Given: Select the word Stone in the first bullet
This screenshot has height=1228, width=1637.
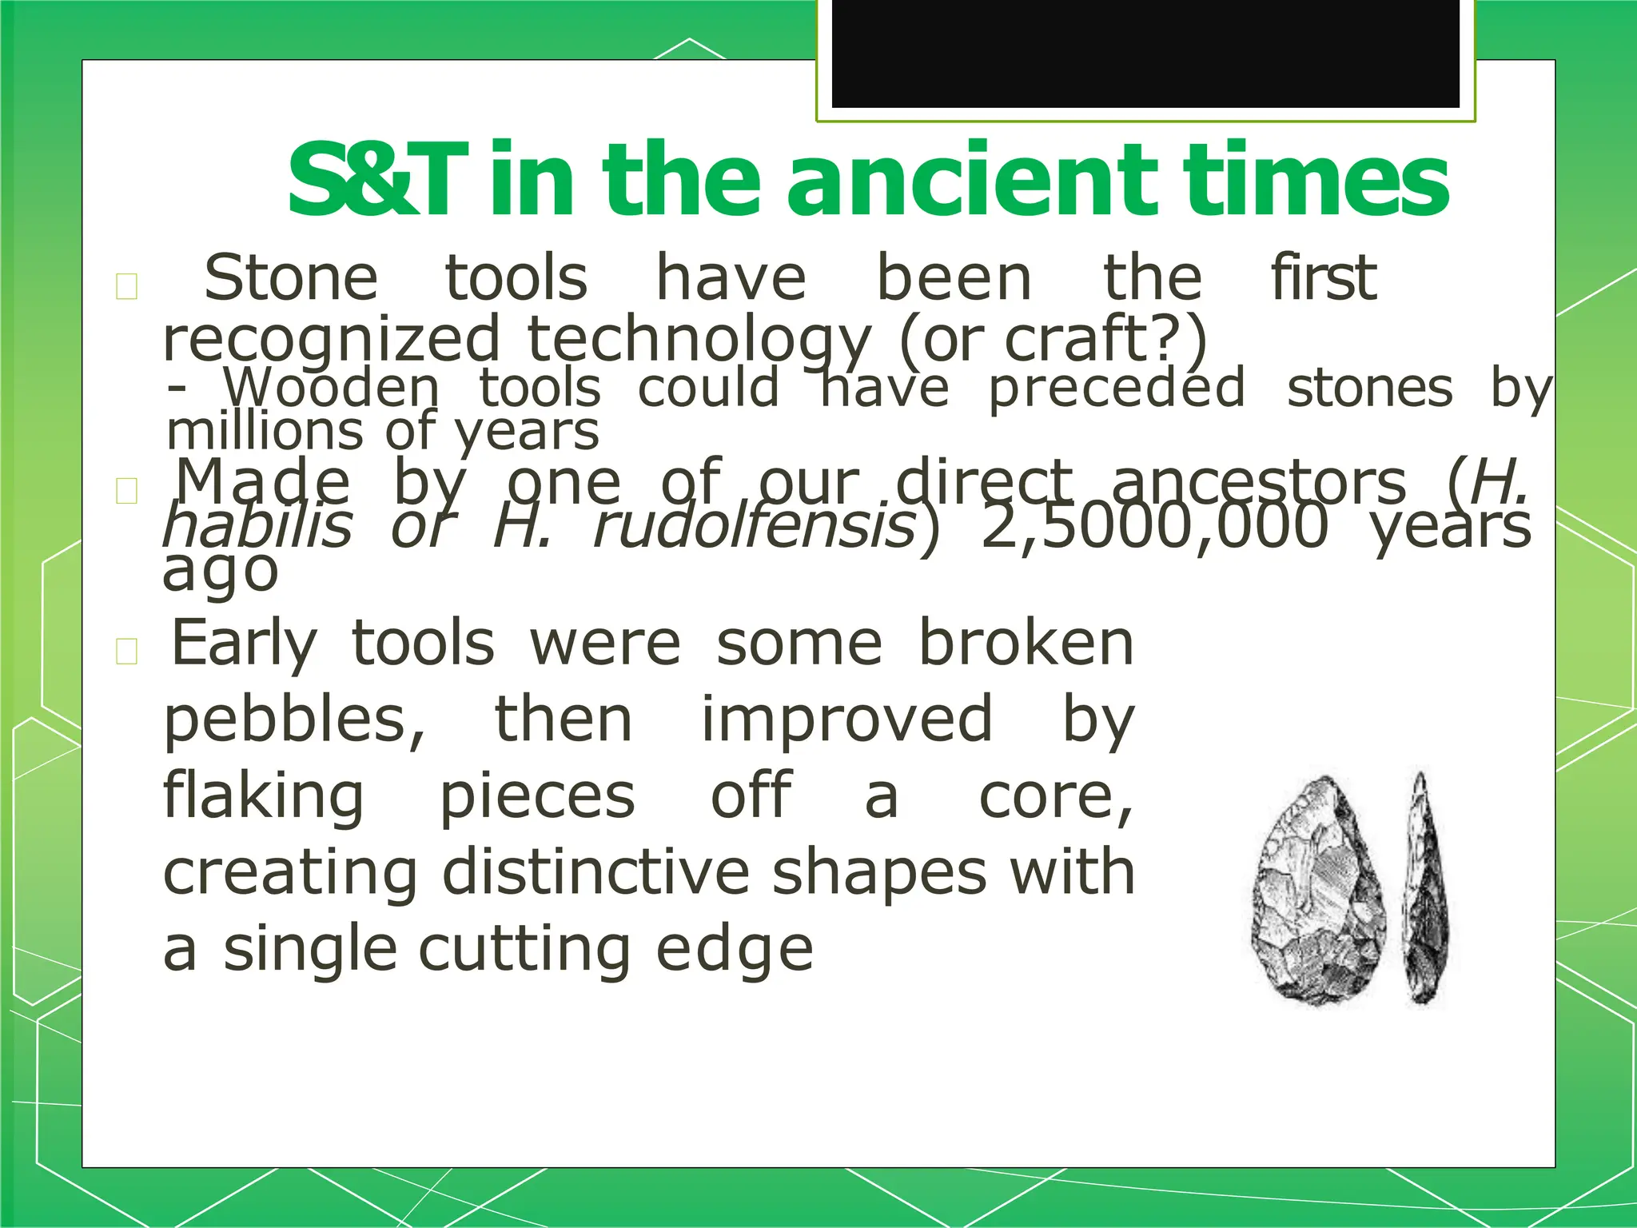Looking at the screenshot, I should (290, 278).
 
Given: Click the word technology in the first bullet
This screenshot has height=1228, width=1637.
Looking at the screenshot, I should (699, 339).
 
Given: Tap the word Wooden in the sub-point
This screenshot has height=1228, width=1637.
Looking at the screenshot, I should (332, 389).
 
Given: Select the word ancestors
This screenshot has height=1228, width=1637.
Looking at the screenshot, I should (1258, 483).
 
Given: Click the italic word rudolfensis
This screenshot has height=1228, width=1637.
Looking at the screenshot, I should (754, 528).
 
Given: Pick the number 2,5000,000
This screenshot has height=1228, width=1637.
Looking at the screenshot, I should (1154, 528).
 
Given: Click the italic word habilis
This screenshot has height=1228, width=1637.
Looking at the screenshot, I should (257, 528).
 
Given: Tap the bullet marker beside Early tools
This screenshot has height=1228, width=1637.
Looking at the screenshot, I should (127, 652).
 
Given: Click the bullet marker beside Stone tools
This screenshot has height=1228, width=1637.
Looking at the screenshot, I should (127, 286).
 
